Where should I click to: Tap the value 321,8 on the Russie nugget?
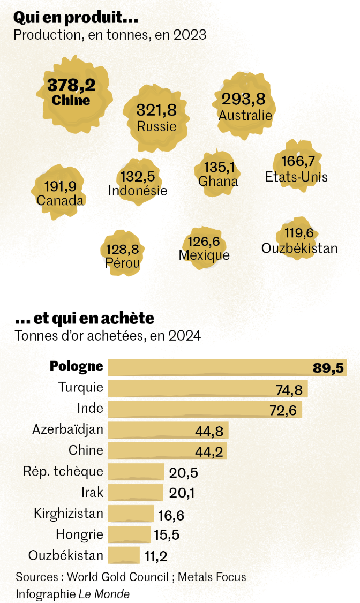(156, 110)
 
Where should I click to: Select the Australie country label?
(245, 115)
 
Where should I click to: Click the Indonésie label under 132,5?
(138, 191)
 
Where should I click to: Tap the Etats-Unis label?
(296, 177)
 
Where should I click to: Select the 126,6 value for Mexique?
(204, 242)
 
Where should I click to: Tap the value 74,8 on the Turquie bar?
(289, 390)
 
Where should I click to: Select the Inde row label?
(90, 409)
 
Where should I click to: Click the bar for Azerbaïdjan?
(168, 430)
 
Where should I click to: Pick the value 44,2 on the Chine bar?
(209, 451)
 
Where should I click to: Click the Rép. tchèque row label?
(63, 471)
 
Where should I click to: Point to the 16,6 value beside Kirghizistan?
(171, 515)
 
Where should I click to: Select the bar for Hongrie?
(129, 534)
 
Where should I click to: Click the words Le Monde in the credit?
(104, 594)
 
